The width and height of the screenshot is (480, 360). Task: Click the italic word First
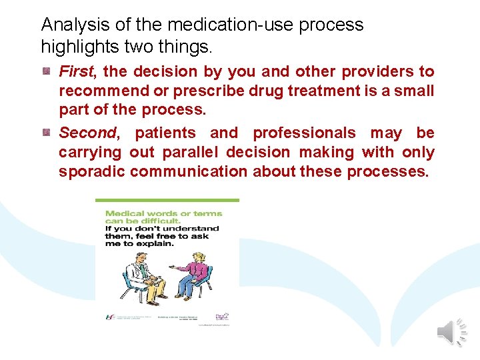(77, 71)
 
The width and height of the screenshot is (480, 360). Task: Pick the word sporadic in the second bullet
(92, 171)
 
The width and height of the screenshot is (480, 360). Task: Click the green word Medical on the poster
(123, 214)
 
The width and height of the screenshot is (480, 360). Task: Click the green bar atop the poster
(167, 200)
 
